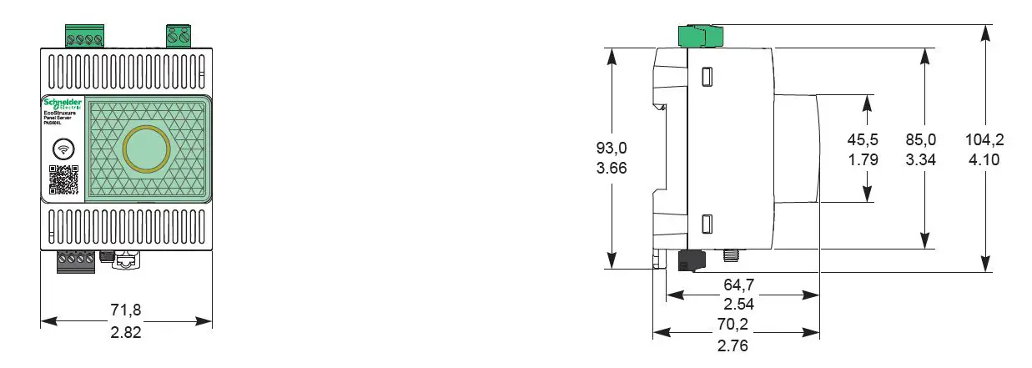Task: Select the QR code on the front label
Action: tap(63, 179)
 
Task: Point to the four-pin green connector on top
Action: tap(85, 36)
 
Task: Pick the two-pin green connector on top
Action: tap(178, 36)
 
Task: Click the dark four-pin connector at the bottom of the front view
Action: tap(73, 262)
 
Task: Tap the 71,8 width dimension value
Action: tap(126, 310)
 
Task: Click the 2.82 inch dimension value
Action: tap(126, 331)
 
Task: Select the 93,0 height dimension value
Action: tap(611, 148)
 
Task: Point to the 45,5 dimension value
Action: tap(863, 139)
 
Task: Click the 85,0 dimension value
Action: tap(921, 139)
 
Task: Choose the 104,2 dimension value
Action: tap(984, 139)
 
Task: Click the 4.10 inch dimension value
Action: tap(984, 159)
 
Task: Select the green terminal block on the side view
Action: tap(699, 36)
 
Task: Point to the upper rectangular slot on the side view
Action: tap(706, 76)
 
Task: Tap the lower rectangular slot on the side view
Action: tap(706, 224)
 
